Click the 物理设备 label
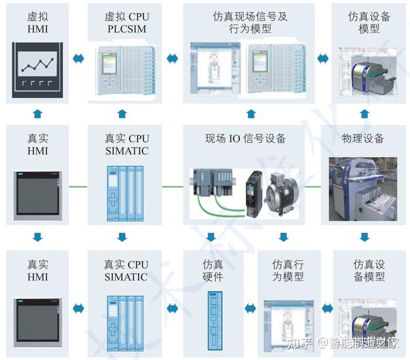point(362,139)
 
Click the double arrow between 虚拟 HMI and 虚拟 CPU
point(79,59)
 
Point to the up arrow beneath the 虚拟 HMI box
point(38,113)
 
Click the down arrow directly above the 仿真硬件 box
point(213,238)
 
